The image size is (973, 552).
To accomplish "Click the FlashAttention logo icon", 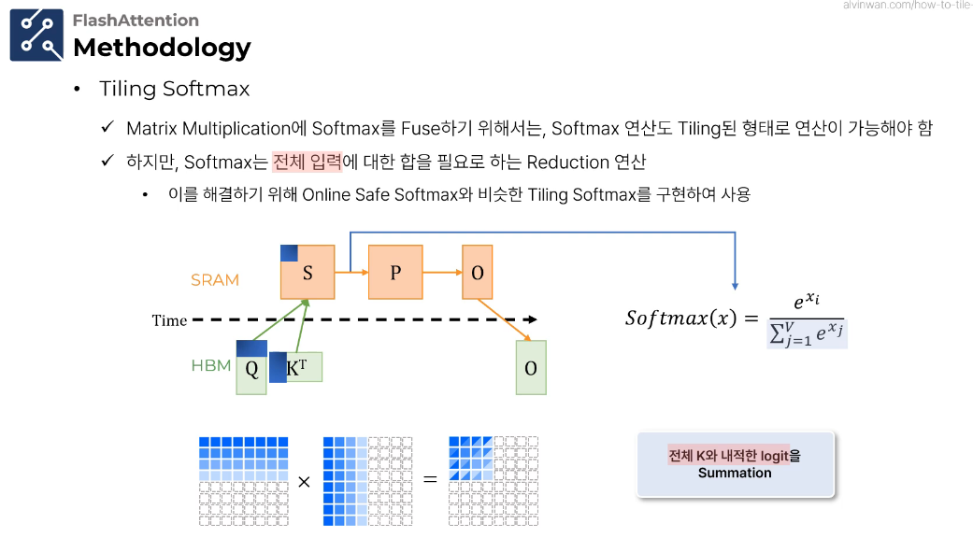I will tap(36, 35).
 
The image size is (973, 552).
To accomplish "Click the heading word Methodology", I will tap(162, 47).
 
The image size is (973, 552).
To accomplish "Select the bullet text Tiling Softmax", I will tap(175, 89).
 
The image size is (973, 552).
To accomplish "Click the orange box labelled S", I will tap(308, 273).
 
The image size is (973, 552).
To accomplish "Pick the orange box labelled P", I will tap(395, 272).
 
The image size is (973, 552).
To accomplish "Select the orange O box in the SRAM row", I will tap(477, 273).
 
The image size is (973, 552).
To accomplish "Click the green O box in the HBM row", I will tap(531, 367).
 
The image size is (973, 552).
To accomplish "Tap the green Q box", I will tap(251, 368).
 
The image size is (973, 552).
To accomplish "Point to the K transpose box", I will tap(296, 367).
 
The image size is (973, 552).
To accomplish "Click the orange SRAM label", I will tap(215, 279).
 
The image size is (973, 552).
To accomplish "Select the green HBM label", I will tap(210, 365).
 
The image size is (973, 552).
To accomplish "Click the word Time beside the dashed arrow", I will tap(169, 320).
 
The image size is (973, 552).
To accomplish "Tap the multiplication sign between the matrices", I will tap(304, 481).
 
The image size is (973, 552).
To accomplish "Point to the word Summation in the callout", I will tap(735, 473).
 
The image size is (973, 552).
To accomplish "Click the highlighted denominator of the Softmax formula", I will tap(808, 333).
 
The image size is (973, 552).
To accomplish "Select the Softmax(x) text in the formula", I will tap(681, 318).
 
